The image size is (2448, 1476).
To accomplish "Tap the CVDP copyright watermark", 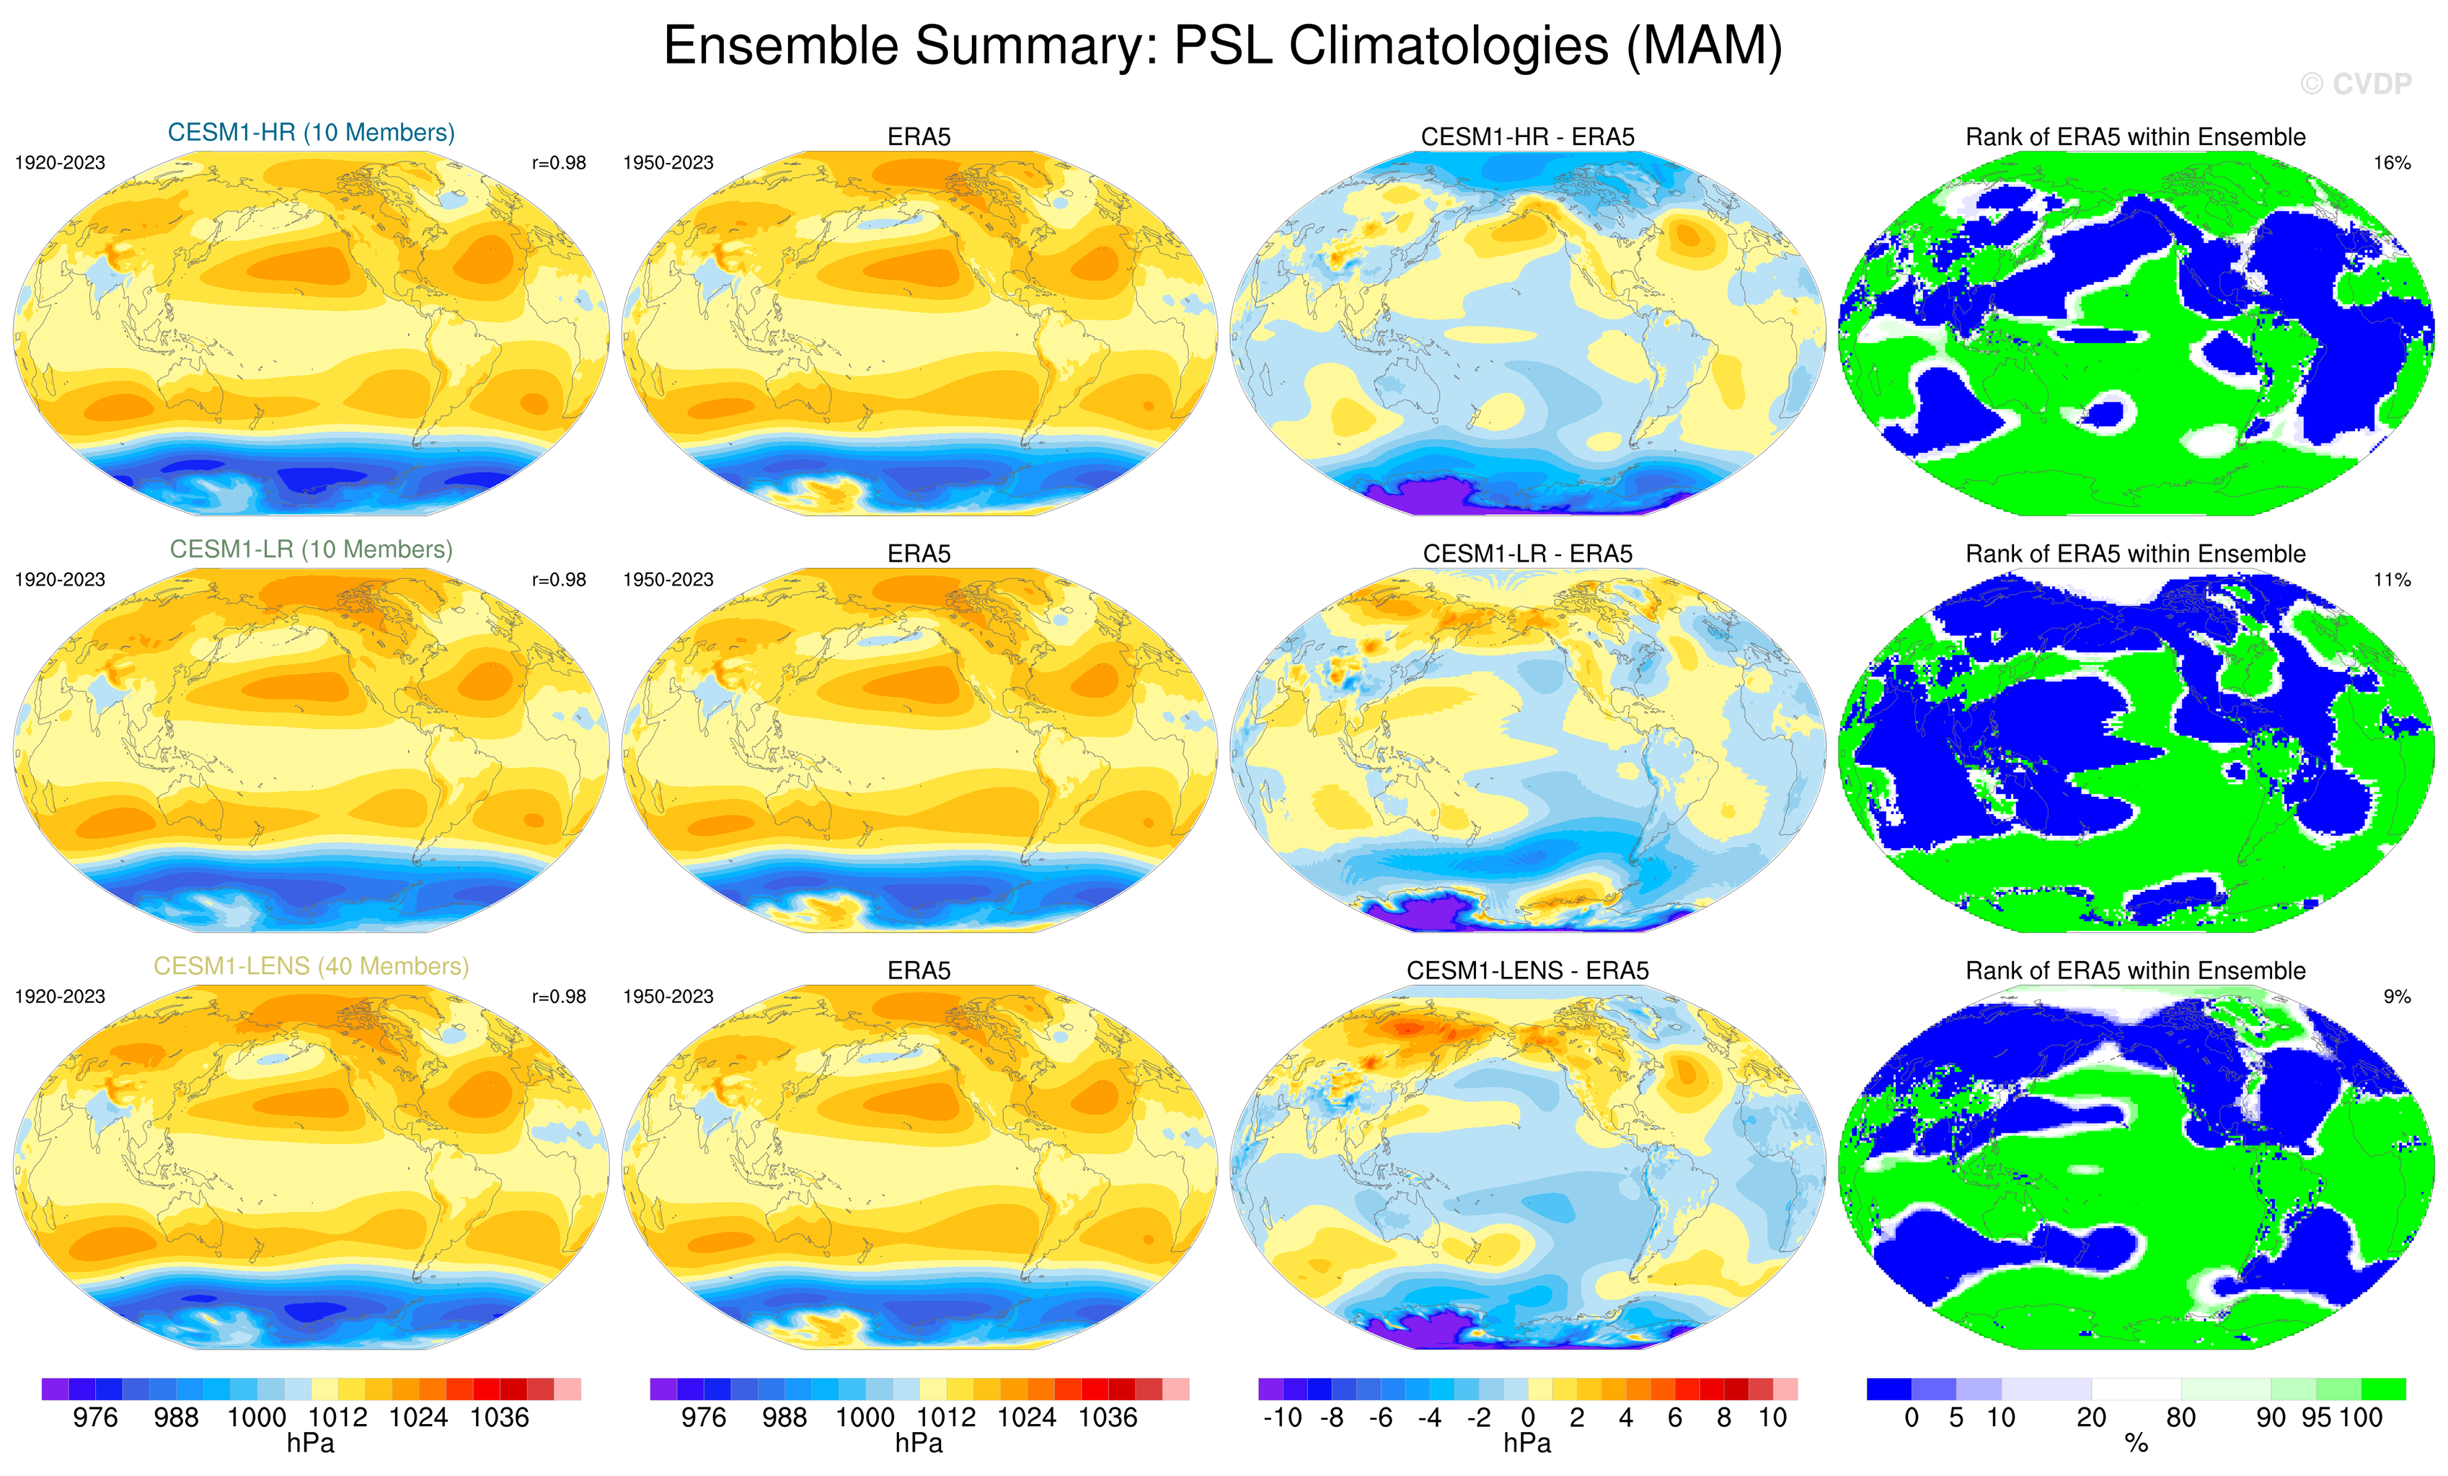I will point(2356,84).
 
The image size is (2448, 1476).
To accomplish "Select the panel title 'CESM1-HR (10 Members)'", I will point(311,133).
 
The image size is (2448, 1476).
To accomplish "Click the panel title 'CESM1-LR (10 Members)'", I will point(311,549).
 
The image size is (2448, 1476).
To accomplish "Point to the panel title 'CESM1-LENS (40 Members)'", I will point(311,966).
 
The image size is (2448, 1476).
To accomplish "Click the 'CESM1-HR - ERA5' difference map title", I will point(1527,137).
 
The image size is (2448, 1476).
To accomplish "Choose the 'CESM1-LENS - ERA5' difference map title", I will point(1527,971).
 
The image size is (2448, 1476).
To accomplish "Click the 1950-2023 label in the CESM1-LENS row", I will point(668,996).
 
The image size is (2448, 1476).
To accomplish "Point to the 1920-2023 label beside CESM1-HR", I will point(60,163).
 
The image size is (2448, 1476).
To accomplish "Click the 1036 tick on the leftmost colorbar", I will point(499,1418).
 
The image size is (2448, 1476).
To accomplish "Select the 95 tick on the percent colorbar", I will point(2316,1418).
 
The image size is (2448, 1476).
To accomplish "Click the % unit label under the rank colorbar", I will point(2136,1444).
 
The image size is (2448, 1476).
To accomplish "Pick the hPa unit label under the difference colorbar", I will point(1527,1444).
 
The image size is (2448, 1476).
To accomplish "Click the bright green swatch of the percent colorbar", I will point(2383,1389).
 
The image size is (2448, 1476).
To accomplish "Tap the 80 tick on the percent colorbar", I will point(2180,1418).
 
